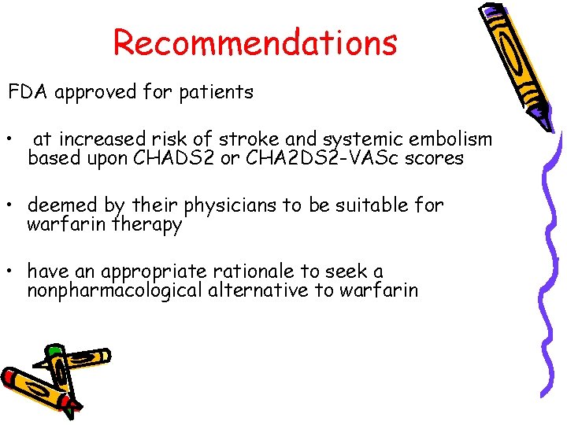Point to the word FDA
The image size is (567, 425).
pos(28,92)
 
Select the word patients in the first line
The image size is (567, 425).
pos(216,92)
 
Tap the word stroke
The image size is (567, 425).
pos(244,139)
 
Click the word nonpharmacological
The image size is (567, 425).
pos(113,290)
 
